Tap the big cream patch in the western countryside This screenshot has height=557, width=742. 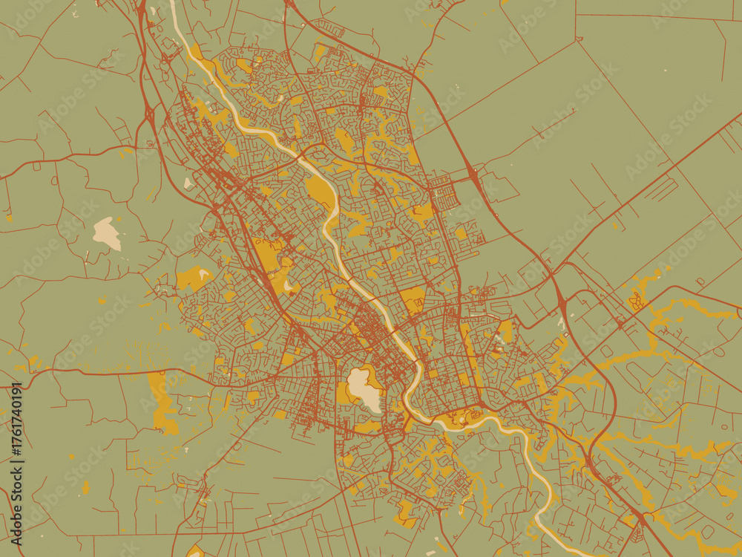[108, 233]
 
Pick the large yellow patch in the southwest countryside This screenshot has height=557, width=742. [162, 401]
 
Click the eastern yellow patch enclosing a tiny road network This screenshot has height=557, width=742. [637, 301]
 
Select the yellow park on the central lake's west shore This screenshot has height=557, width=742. [344, 394]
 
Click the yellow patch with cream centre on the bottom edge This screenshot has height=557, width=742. [195, 551]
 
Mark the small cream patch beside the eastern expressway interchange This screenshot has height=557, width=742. [562, 322]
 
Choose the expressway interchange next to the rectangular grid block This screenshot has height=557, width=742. [473, 176]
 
